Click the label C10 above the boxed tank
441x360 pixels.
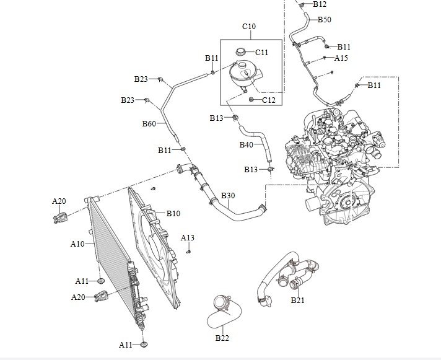(248, 27)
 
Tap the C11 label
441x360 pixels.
(262, 53)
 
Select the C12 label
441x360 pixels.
(268, 100)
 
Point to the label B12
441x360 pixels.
(320, 4)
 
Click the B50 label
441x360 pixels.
(325, 20)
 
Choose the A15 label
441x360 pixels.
(341, 58)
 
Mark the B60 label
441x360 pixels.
(149, 123)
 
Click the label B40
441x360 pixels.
(247, 145)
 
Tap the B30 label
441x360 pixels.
(228, 196)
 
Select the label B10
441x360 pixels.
(173, 214)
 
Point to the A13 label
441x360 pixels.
(187, 238)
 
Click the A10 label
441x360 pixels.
(77, 244)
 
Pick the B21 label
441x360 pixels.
(298, 301)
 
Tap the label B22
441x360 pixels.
(222, 338)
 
